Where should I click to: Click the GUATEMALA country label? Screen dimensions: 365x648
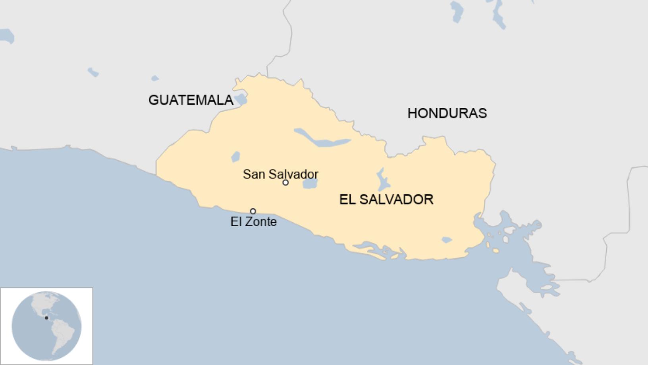pos(191,100)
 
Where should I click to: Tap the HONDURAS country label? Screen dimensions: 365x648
pos(447,113)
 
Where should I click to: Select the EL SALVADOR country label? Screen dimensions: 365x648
pos(386,199)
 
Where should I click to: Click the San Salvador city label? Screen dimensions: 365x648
pos(280,174)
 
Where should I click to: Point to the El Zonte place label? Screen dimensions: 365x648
pos(253,221)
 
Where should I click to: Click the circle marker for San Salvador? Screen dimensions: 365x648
pos(285,182)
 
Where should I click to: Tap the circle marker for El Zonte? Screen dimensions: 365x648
pos(253,211)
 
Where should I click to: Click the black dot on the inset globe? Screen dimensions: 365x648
pos(46,318)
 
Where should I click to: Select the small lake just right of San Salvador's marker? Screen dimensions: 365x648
pos(310,184)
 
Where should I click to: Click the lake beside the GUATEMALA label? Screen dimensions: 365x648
pos(240,99)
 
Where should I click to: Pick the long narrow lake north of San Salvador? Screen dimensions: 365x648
pos(322,139)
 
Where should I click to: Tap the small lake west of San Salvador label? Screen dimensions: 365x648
pos(236,157)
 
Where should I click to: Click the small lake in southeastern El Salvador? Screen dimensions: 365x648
pos(447,240)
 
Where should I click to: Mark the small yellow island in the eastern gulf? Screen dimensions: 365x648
pos(496,251)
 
